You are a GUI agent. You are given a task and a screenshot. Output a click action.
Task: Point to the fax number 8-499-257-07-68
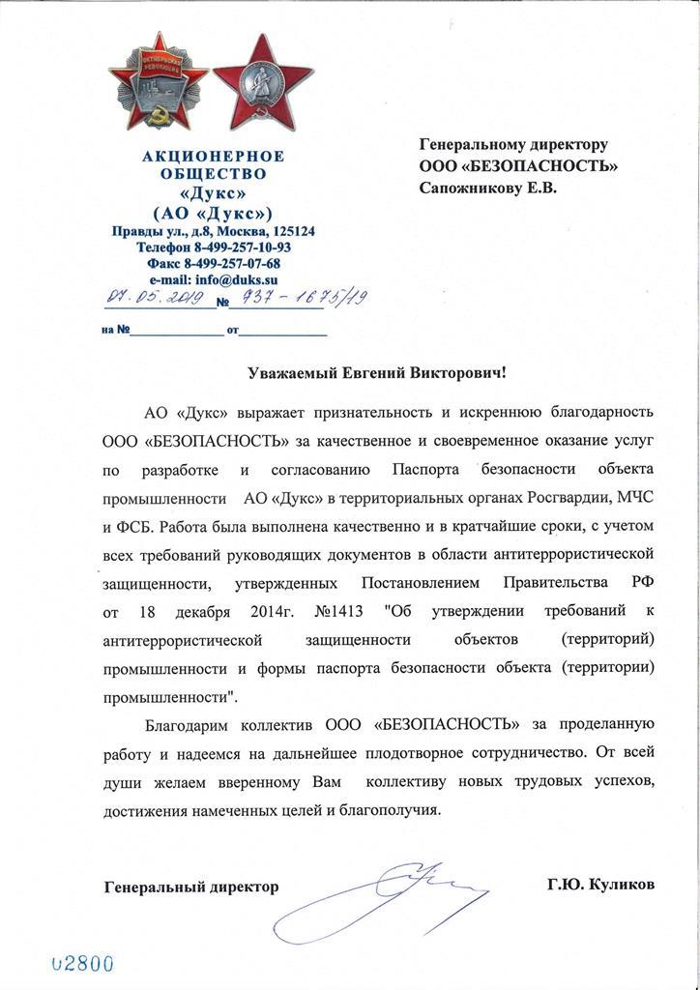coord(227,263)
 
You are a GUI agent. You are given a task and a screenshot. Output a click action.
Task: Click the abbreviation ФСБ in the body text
coord(131,528)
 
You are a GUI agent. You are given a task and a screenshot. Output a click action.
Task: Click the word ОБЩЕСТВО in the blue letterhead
coord(213,175)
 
